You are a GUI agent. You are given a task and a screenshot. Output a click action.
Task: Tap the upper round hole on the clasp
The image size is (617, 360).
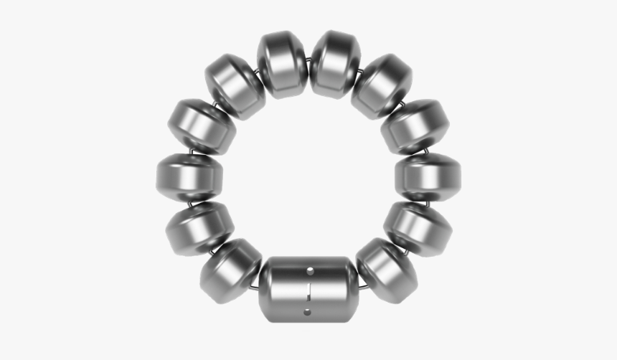tap(310, 271)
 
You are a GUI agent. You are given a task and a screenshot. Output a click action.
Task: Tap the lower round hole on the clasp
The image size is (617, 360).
tap(309, 311)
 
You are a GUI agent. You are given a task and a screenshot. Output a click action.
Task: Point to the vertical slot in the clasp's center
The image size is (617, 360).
tap(309, 291)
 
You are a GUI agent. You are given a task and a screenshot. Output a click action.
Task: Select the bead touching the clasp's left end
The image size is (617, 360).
tap(231, 270)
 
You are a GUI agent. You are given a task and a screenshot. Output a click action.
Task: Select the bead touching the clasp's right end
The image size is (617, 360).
tap(387, 270)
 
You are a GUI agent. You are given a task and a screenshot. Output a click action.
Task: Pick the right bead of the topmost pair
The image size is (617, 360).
tap(335, 65)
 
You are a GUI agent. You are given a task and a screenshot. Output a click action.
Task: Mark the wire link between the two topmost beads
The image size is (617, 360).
tap(308, 63)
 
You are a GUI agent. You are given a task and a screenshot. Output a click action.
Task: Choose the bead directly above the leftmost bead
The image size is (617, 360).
tap(202, 126)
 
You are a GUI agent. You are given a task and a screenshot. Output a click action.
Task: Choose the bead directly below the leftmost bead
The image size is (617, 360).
tap(200, 228)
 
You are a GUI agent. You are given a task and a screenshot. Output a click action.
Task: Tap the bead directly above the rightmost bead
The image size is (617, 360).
tap(415, 126)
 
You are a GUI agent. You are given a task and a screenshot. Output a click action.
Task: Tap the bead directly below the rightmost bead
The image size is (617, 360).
tap(417, 228)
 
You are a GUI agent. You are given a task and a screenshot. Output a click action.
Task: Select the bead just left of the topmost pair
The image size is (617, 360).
tap(235, 86)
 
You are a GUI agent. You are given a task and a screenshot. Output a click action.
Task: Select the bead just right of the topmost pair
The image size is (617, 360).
tap(382, 86)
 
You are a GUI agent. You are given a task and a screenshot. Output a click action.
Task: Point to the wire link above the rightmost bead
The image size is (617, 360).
tap(424, 152)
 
